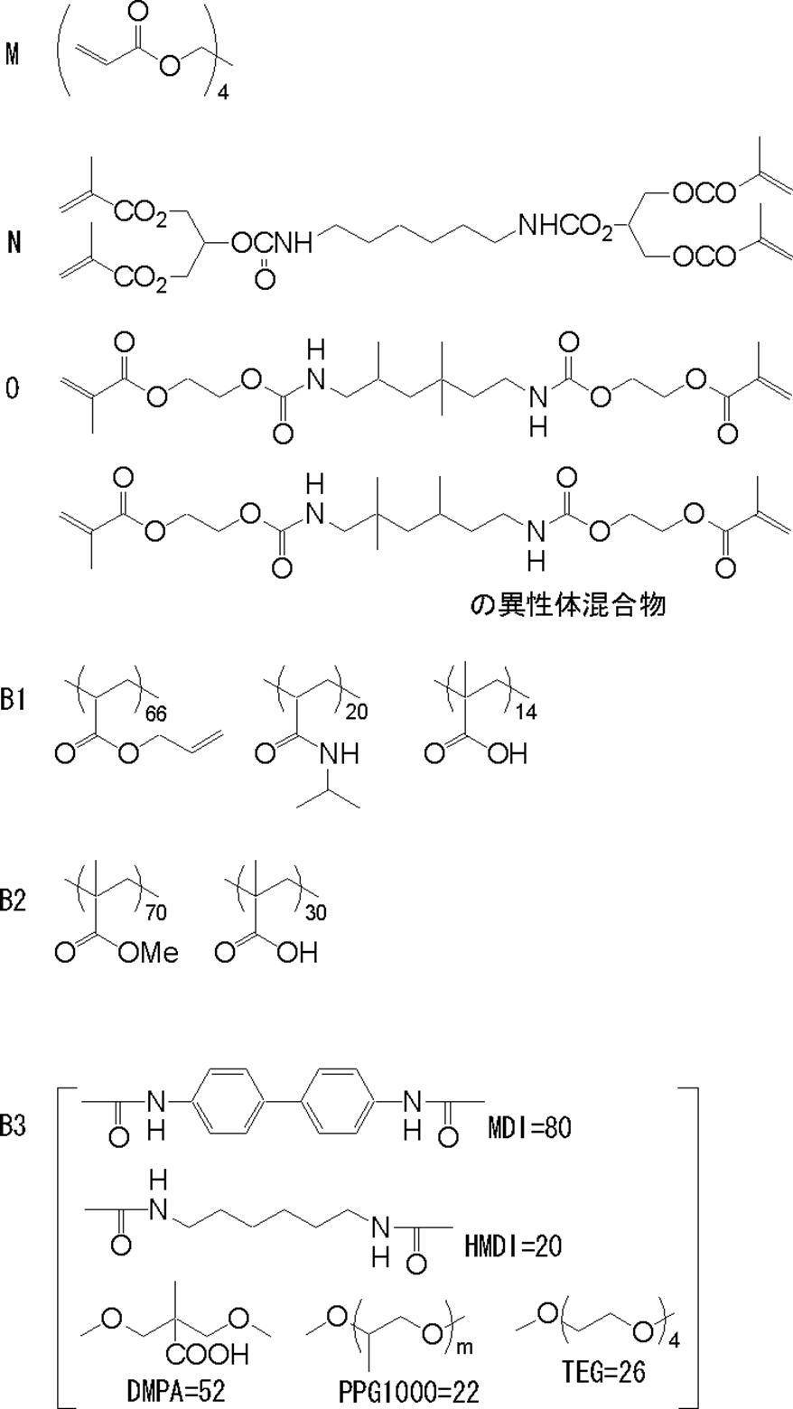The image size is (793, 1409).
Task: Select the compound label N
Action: point(13,242)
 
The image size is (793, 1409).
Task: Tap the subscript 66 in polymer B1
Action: point(156,714)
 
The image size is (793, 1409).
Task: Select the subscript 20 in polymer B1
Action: point(358,714)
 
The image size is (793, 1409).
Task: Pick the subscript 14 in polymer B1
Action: point(526,714)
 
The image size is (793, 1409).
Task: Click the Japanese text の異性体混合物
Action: point(568,604)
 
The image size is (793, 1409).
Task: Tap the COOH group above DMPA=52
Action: point(201,1355)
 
